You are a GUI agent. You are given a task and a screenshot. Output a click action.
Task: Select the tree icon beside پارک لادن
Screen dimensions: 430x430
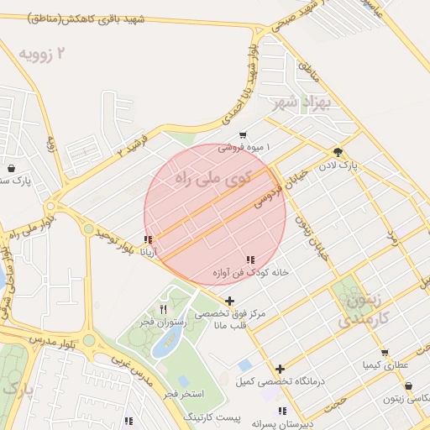(338, 152)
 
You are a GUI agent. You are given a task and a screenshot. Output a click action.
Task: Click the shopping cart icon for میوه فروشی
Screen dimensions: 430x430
(243, 134)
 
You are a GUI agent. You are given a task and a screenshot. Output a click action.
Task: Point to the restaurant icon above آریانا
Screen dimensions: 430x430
(149, 239)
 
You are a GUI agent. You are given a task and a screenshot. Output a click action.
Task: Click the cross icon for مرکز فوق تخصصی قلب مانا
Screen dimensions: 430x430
(230, 301)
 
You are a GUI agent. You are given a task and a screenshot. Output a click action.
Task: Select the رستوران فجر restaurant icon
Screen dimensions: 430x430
(150, 309)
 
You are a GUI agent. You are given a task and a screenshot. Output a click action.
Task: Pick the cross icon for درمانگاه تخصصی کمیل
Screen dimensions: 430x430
(281, 369)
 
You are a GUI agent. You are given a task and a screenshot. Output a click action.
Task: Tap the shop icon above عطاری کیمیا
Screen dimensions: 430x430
(385, 353)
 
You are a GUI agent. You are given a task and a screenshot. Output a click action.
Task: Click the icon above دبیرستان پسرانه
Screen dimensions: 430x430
(283, 411)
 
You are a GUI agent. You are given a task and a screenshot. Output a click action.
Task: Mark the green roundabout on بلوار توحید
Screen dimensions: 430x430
(88, 228)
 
